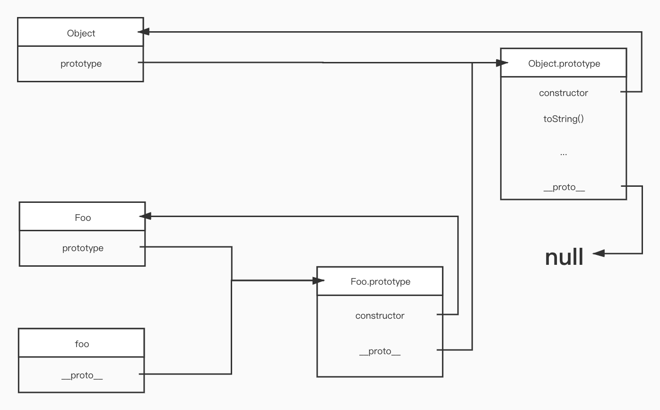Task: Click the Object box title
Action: click(x=81, y=33)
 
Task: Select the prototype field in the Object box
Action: click(x=81, y=64)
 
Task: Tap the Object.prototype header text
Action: click(x=564, y=64)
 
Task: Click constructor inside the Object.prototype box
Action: click(x=564, y=93)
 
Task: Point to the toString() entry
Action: click(x=564, y=119)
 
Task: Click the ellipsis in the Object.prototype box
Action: click(x=564, y=154)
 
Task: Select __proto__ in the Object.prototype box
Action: click(x=564, y=187)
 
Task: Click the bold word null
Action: click(x=564, y=257)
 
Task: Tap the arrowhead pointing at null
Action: click(x=599, y=253)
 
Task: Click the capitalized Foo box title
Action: click(x=83, y=218)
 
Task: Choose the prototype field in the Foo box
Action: click(x=83, y=248)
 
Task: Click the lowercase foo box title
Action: click(x=82, y=344)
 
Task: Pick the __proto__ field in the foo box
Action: click(x=82, y=375)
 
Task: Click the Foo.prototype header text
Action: click(x=381, y=282)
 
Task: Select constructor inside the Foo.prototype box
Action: click(x=380, y=316)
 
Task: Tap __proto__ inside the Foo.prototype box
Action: click(x=380, y=351)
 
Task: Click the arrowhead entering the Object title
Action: click(x=144, y=32)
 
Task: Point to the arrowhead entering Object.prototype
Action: click(x=502, y=62)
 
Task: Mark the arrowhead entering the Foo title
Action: click(x=145, y=216)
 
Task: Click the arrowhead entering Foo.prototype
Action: click(x=319, y=280)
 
